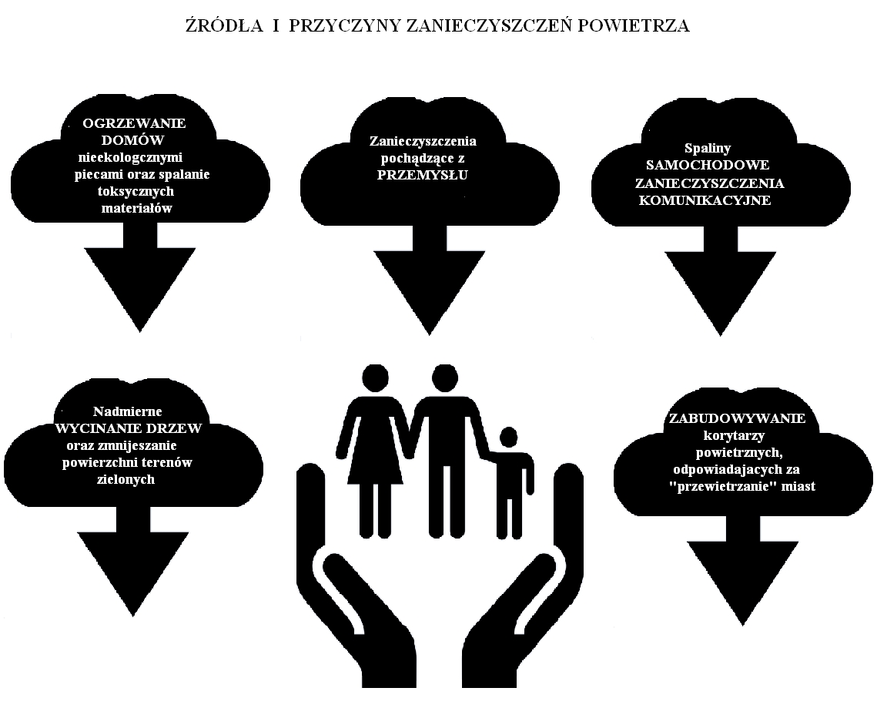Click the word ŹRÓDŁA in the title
(x=225, y=25)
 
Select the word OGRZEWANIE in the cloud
(x=134, y=123)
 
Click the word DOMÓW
(x=132, y=139)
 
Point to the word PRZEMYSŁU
(x=423, y=175)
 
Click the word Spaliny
(x=708, y=148)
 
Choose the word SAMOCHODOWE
(x=708, y=166)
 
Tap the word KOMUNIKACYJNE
(x=705, y=200)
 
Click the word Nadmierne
(x=127, y=411)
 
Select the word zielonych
(x=126, y=479)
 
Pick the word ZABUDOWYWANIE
(x=737, y=419)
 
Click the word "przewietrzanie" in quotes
(x=727, y=486)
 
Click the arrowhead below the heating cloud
(x=139, y=290)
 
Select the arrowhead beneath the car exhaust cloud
(x=720, y=294)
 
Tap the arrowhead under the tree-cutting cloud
(x=133, y=574)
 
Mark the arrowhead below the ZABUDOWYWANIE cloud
(x=743, y=583)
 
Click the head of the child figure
(x=508, y=438)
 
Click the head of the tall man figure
(x=444, y=378)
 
